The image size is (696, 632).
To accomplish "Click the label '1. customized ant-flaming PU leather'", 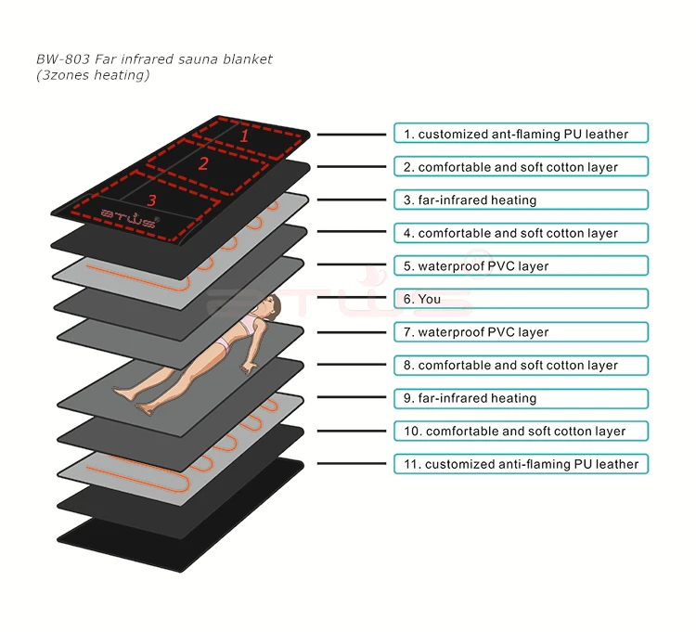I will [x=521, y=134].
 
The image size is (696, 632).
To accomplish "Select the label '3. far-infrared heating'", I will [x=521, y=200].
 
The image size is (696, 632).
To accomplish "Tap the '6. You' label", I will [x=521, y=299].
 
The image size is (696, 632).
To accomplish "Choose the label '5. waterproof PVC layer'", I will [x=521, y=266].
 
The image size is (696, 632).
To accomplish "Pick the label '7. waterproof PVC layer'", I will [x=521, y=332].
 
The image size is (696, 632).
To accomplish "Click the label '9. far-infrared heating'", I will [x=521, y=398].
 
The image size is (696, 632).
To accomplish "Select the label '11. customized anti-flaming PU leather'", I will [x=521, y=464].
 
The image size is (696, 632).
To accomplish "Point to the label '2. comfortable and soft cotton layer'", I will [x=521, y=167].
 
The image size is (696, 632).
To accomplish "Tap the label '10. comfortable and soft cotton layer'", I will [x=521, y=432].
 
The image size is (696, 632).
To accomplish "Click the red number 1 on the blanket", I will [x=245, y=135].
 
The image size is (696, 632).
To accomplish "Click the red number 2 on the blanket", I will [x=203, y=163].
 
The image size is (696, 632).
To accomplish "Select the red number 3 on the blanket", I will [x=152, y=199].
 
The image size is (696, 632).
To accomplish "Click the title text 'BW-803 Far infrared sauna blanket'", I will [x=155, y=59].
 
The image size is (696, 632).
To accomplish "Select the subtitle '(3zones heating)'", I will [x=92, y=75].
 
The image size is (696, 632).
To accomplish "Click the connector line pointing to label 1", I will [x=353, y=135].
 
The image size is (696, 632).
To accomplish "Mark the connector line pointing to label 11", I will [x=353, y=464].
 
